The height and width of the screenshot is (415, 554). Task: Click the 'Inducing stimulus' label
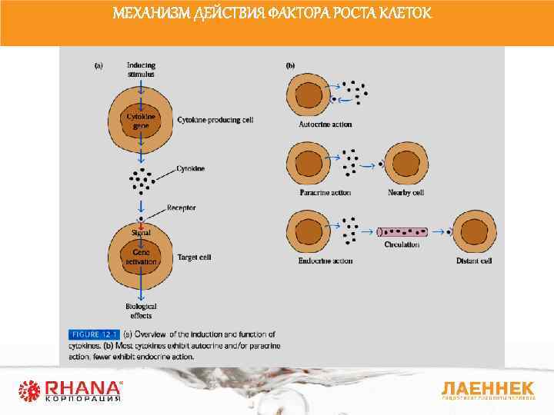tap(141, 69)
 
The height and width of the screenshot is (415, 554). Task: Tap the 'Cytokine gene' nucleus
tap(141, 120)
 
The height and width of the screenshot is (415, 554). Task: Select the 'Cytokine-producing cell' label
tap(215, 120)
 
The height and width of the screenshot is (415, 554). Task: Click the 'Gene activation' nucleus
tap(141, 257)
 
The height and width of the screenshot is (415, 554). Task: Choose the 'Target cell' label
tap(194, 257)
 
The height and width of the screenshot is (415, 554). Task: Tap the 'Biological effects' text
tap(141, 310)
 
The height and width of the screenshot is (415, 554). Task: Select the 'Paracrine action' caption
tap(325, 192)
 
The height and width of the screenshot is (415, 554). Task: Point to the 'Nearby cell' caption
tap(405, 192)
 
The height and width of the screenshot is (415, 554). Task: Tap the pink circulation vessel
tap(402, 231)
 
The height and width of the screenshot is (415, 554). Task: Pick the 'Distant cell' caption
tap(473, 261)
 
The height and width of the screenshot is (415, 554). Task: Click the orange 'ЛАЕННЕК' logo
tap(487, 387)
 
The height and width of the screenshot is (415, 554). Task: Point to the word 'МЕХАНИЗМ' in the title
tap(145, 14)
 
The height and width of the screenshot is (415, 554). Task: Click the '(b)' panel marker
tap(291, 66)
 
